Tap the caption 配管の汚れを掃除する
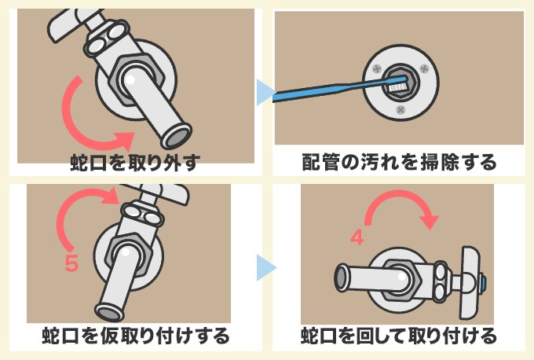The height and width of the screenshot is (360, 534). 399,163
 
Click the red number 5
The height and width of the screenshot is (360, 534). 71,264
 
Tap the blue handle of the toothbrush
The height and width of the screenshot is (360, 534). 322,90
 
